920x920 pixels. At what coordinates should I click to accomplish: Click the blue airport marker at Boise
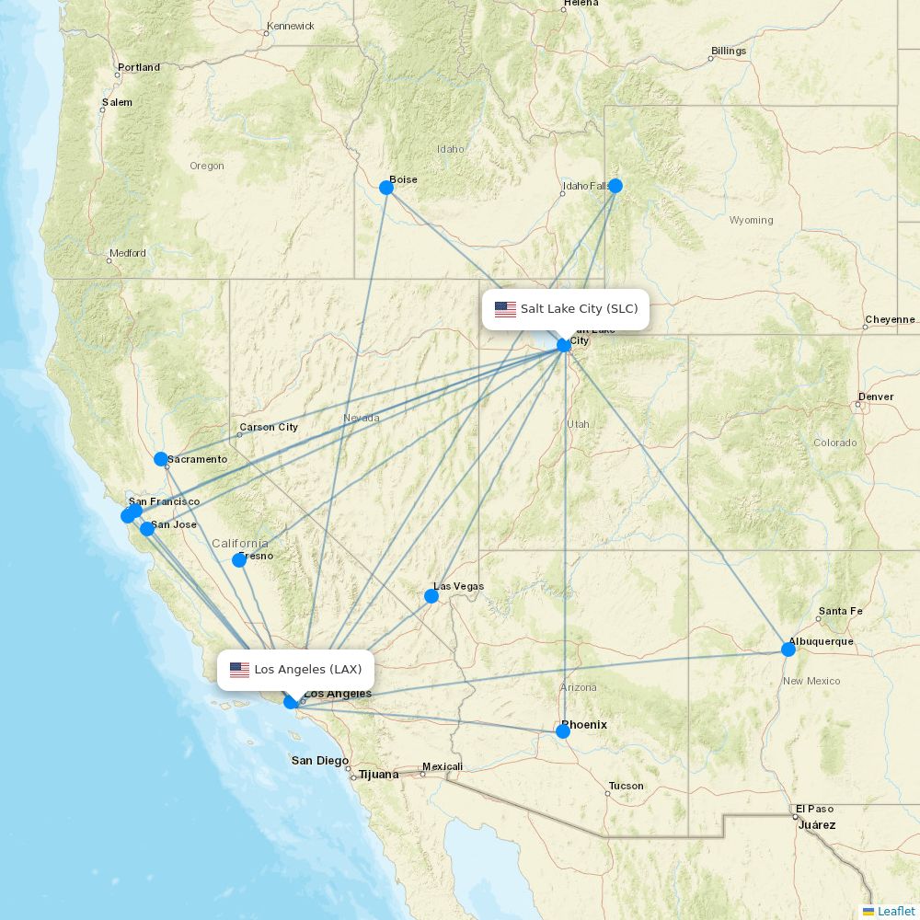tap(386, 188)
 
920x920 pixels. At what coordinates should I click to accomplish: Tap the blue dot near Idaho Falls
tap(615, 186)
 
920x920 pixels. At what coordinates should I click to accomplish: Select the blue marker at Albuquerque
tap(788, 650)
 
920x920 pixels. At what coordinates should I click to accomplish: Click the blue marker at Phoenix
tap(563, 731)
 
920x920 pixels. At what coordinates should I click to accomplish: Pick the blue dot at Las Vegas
tap(431, 596)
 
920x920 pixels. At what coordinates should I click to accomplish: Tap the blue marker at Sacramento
tap(161, 459)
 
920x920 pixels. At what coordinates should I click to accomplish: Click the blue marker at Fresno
tap(239, 560)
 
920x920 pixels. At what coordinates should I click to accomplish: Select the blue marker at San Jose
tap(147, 529)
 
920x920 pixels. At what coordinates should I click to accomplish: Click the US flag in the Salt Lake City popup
tap(505, 309)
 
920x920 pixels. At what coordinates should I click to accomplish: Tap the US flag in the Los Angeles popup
tap(239, 670)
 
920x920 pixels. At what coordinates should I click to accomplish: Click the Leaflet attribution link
tap(895, 911)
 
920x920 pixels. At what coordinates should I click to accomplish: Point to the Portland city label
tap(139, 67)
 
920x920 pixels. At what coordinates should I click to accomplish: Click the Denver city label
tap(875, 397)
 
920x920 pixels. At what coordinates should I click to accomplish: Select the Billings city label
tap(729, 51)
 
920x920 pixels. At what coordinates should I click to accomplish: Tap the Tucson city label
tap(626, 786)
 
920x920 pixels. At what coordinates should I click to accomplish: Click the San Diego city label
tap(320, 761)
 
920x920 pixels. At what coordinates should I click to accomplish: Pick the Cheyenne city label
tap(890, 320)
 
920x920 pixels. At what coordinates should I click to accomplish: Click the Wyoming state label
tap(751, 220)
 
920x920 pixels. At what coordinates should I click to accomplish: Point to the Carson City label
tap(269, 427)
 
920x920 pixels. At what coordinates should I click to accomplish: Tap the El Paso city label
tap(814, 809)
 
